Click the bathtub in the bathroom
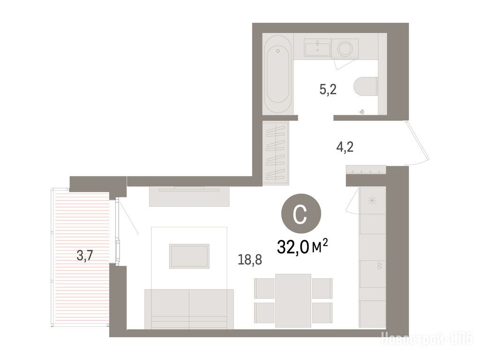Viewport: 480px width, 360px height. click(x=278, y=74)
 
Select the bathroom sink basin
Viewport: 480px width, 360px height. click(x=317, y=48)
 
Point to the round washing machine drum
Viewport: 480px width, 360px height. click(x=345, y=49)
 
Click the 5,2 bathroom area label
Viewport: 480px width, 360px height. click(x=328, y=90)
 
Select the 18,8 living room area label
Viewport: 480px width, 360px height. click(x=250, y=260)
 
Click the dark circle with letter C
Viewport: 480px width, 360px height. click(x=301, y=213)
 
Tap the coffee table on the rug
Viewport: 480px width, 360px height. click(x=189, y=256)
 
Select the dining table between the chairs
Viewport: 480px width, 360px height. click(x=293, y=300)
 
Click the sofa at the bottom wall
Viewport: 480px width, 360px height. click(x=189, y=309)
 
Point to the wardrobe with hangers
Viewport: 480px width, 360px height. click(x=276, y=153)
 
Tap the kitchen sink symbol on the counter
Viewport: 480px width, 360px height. click(x=380, y=266)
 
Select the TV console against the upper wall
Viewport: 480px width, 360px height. click(x=189, y=196)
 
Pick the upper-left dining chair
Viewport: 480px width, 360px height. click(x=264, y=288)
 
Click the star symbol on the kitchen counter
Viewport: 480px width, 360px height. click(x=372, y=201)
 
